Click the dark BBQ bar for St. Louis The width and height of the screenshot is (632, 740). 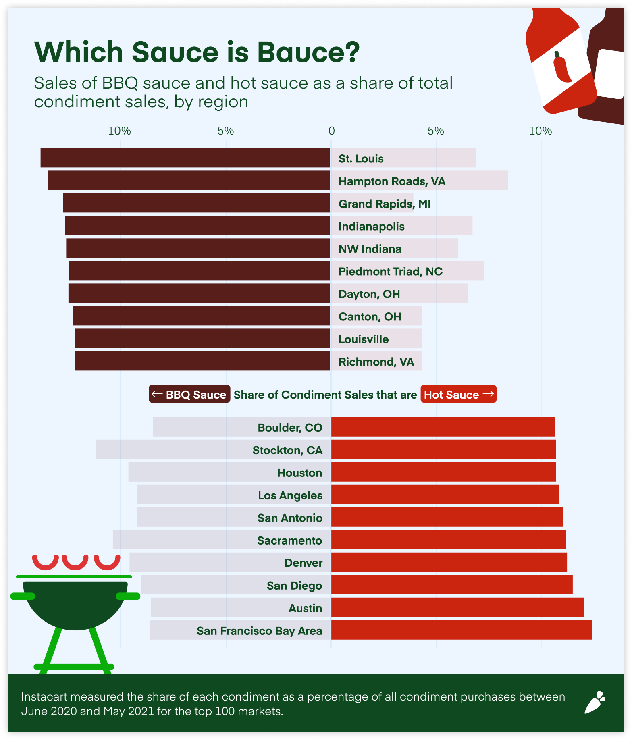185,158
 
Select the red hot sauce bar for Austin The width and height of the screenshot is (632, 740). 457,607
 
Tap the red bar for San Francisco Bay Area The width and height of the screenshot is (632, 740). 461,630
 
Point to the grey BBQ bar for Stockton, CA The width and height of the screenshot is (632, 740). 161,449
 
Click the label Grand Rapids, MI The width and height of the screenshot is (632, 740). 384,204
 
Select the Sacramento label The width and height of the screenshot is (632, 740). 289,540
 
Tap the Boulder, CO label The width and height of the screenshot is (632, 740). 290,428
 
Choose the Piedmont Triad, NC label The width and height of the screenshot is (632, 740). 390,272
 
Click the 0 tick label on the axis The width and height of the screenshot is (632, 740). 331,131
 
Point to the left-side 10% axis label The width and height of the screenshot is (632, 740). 119,131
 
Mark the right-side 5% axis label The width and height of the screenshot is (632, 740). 436,131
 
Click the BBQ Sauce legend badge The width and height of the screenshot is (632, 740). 189,394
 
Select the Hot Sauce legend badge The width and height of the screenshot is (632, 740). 458,394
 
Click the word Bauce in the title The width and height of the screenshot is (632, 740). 308,52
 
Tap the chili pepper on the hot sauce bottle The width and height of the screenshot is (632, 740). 561,67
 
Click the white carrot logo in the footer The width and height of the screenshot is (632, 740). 595,703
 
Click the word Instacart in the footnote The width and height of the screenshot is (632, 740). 44,697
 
